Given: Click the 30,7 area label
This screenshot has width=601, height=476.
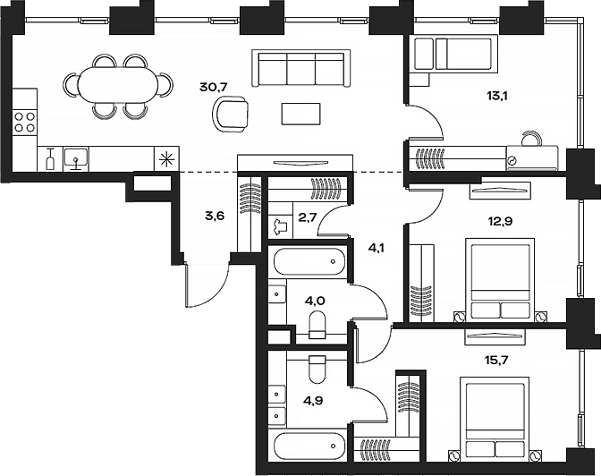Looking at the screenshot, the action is (x=214, y=87).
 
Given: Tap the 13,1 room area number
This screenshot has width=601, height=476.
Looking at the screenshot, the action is (x=497, y=96).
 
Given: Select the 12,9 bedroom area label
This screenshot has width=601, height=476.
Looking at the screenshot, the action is (x=499, y=221).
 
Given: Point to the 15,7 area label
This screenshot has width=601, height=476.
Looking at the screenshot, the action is (x=496, y=361).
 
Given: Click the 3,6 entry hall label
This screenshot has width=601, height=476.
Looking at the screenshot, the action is (x=215, y=216).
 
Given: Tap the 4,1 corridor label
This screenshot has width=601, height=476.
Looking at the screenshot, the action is (x=376, y=248).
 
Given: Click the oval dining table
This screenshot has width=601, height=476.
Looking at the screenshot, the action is (x=117, y=85).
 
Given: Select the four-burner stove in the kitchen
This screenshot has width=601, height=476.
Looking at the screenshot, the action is (x=25, y=122).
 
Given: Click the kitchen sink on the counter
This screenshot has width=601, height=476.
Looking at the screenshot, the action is (x=76, y=159).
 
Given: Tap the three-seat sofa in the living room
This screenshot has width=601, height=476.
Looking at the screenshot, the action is (x=301, y=68).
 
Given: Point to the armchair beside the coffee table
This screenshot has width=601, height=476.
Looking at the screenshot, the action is (x=231, y=114).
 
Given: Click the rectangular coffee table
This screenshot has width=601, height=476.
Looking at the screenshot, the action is (x=300, y=114).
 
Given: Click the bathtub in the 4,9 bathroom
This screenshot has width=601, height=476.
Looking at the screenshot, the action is (x=309, y=446).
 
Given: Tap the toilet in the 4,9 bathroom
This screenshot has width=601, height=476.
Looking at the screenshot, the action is (x=317, y=370).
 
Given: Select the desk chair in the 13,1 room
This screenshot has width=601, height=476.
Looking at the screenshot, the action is (x=531, y=139).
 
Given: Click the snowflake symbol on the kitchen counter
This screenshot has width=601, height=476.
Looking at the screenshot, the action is (x=166, y=159).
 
